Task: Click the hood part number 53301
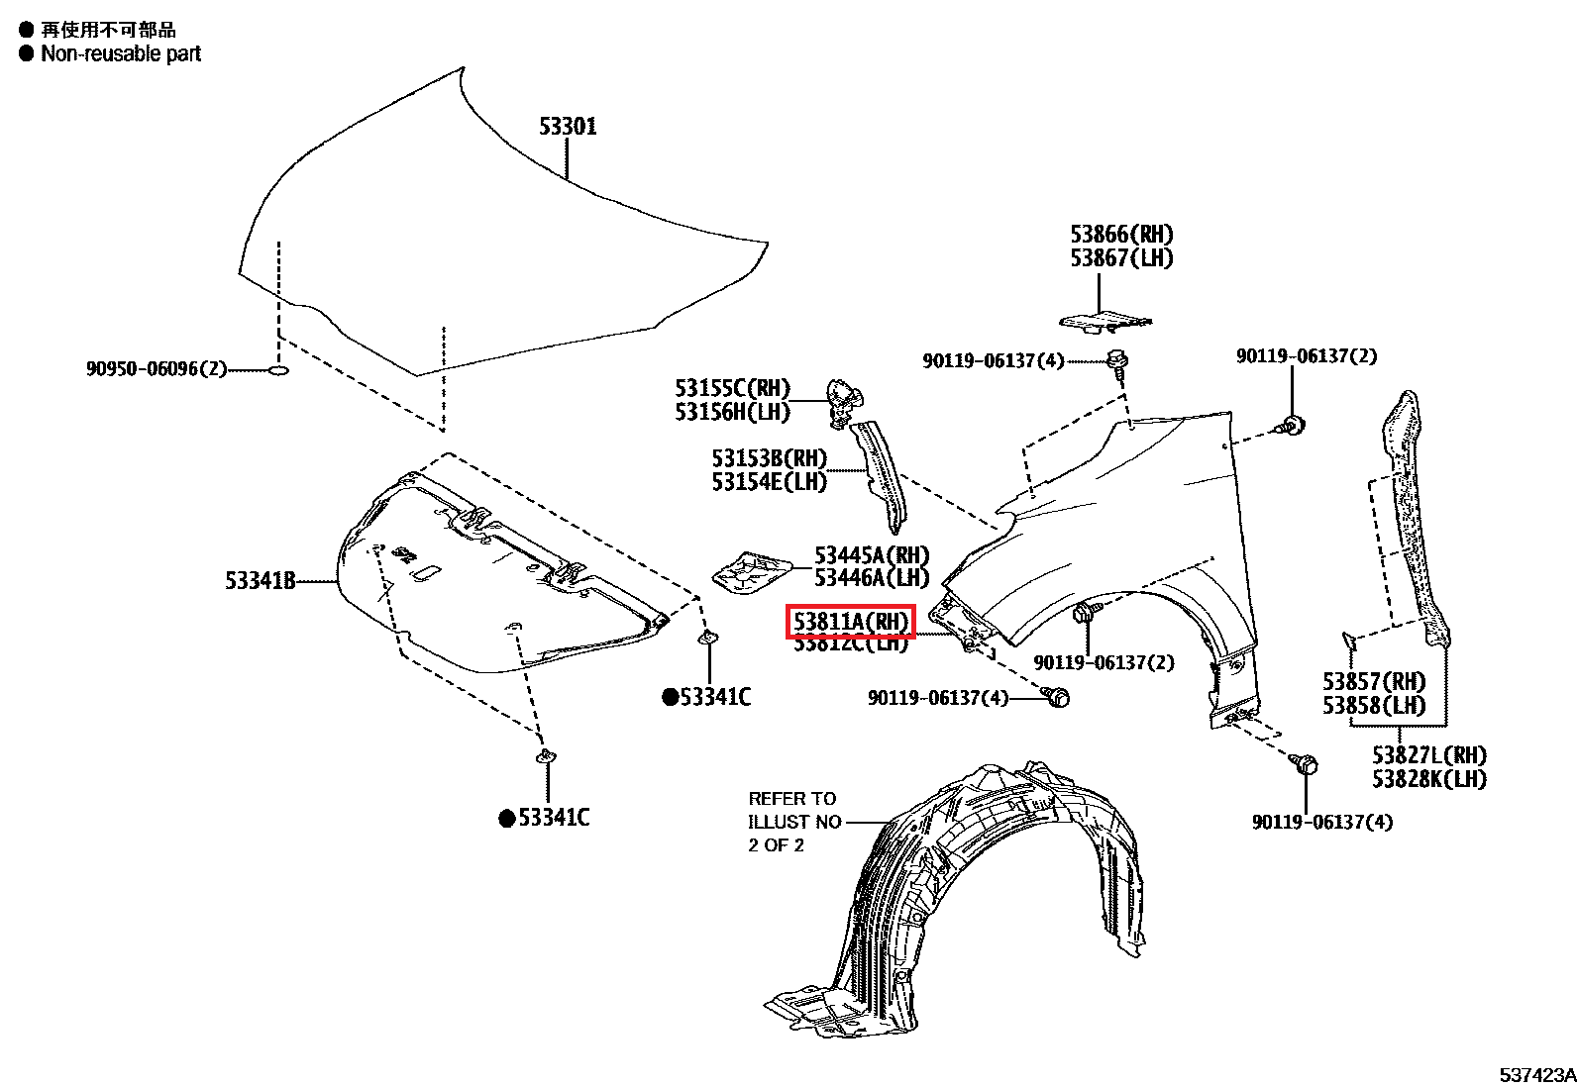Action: pos(568,127)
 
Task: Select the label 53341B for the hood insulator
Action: pos(261,581)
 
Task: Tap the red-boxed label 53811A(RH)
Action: pos(851,622)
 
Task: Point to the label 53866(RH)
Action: pos(1120,235)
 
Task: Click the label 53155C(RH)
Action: pos(733,388)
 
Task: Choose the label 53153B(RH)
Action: pos(769,458)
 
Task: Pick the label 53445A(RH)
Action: pos(872,554)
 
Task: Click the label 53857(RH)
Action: pos(1374,681)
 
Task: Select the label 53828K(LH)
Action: pos(1428,779)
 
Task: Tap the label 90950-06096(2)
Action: pos(157,369)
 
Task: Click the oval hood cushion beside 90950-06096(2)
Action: pos(279,370)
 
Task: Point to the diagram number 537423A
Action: pos(1536,1075)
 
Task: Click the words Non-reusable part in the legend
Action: pos(121,54)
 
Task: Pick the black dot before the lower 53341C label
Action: pos(507,818)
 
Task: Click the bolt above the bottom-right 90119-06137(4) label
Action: pos(1306,764)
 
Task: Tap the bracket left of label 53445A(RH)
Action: pos(751,573)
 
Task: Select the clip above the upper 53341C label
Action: pos(709,639)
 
